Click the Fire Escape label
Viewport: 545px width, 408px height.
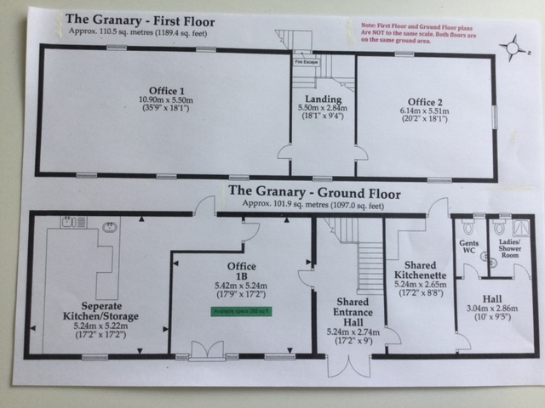pos(307,63)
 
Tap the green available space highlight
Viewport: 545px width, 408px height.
pos(241,311)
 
